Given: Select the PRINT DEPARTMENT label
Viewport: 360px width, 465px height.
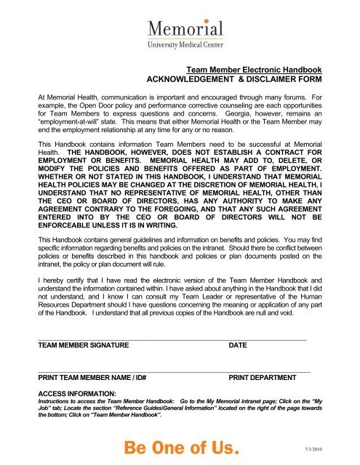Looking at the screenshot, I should point(262,378).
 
